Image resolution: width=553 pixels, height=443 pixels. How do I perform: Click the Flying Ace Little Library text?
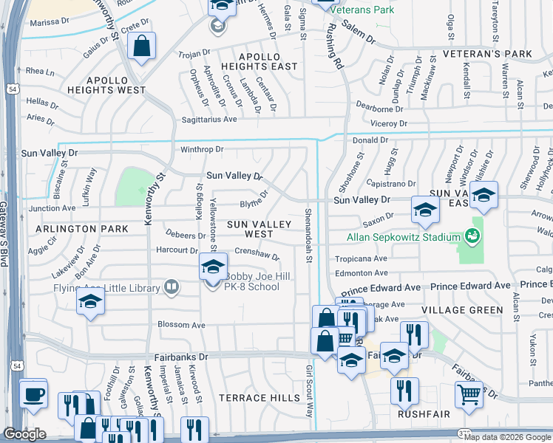(x=107, y=288)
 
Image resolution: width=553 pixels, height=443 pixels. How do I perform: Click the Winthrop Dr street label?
(x=202, y=150)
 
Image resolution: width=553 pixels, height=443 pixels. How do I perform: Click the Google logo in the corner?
(x=24, y=434)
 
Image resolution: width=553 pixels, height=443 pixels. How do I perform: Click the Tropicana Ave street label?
(x=361, y=259)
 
